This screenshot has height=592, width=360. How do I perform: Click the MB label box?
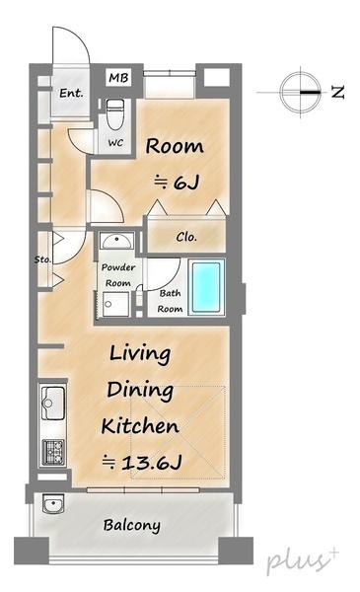pos(118,78)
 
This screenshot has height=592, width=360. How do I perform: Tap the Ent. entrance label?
pos(71,93)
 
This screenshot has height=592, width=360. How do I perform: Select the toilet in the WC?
pos(114,114)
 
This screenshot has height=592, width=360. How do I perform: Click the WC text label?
pos(115,143)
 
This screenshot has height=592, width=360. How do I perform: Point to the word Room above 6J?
pos(175,146)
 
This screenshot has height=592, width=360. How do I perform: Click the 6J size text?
pos(177,183)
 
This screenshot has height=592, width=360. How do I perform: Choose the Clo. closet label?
pos(186,237)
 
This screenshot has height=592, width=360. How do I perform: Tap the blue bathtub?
pos(206,287)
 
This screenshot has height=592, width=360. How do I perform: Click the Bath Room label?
pos(170,301)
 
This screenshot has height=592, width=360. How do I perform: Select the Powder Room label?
pos(118,275)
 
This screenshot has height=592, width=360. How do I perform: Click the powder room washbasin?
pos(116,241)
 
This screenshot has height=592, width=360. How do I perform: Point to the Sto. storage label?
pos(42,259)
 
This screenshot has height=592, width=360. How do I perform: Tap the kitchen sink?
pos(53,403)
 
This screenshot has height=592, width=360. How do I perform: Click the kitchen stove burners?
pos(53,452)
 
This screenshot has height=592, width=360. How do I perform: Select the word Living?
pos(140,354)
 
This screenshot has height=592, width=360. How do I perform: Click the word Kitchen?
pos(140,426)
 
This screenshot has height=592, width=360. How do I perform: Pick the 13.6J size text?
pos(142,462)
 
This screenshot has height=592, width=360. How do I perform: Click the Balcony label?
pos(132,525)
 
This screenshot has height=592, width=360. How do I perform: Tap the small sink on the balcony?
pos(53,503)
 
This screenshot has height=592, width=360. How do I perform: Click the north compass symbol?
pos(301,92)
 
